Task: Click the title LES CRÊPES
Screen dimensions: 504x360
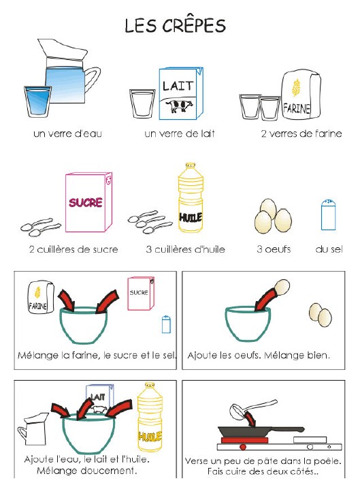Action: click(175, 26)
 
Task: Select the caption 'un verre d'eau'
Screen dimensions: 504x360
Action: click(67, 133)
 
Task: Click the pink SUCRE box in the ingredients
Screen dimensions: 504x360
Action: click(87, 202)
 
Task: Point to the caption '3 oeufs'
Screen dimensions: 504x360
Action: click(274, 249)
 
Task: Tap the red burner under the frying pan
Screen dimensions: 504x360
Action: click(242, 447)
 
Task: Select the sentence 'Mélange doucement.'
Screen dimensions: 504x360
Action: click(86, 471)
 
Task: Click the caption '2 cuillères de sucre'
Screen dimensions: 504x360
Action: click(73, 249)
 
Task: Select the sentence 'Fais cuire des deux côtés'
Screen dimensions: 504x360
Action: click(262, 472)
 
